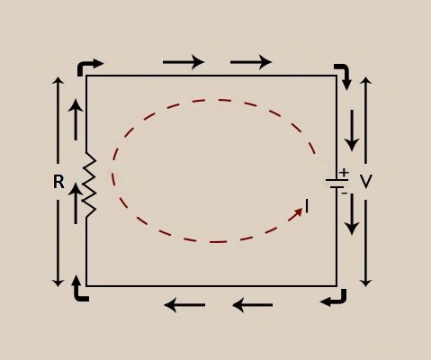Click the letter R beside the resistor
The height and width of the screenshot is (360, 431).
[58, 182]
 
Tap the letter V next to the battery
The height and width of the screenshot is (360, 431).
[365, 182]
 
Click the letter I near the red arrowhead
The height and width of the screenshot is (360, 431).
[307, 207]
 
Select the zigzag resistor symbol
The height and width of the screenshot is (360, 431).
[89, 184]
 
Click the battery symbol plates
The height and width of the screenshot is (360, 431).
[337, 184]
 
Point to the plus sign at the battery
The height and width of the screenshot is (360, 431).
[345, 173]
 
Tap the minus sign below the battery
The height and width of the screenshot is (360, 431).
[345, 193]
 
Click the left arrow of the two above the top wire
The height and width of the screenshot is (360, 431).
[184, 62]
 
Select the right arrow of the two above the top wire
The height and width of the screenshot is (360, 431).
[251, 62]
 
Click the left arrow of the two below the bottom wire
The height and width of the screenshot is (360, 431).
[184, 305]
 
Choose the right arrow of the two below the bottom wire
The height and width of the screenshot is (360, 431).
[253, 305]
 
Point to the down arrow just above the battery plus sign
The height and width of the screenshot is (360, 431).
[352, 130]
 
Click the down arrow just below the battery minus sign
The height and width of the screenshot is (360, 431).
[352, 214]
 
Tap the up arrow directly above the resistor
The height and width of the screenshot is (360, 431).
[76, 120]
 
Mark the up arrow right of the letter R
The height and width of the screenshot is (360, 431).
[76, 203]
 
